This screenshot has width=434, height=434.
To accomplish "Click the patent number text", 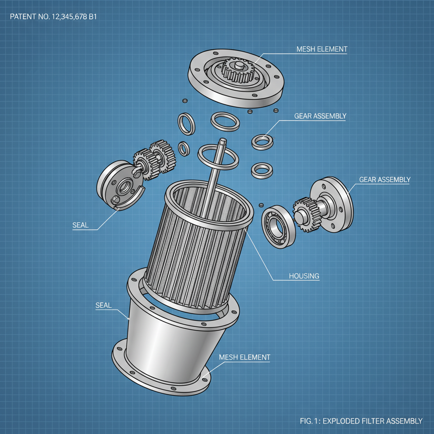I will [x=54, y=17].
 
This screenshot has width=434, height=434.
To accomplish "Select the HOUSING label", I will [x=304, y=276].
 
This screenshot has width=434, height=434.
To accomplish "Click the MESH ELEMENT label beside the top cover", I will [x=322, y=49].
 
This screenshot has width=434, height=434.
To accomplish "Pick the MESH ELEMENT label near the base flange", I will [x=244, y=357].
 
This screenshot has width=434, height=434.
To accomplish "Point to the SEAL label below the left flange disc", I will [x=81, y=225].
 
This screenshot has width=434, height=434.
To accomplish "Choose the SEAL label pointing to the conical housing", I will [x=103, y=305].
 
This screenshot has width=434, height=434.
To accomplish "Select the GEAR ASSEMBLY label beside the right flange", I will [x=384, y=180].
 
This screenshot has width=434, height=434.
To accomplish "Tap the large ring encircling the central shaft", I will [x=217, y=156].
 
